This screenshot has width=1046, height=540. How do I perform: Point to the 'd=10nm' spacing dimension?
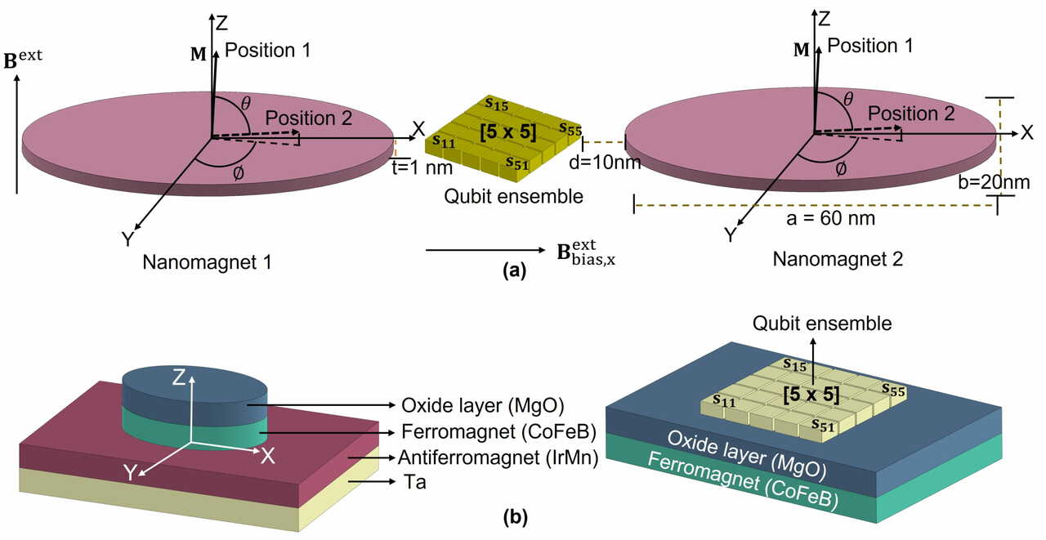605,163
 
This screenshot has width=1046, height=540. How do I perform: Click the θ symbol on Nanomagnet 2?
848,99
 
